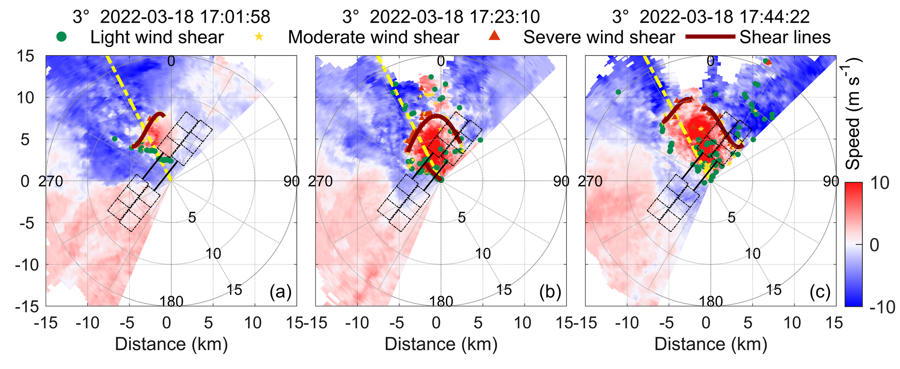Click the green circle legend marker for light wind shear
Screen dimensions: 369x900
pos(61,37)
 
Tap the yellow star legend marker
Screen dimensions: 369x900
pos(259,37)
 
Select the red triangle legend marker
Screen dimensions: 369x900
pos(494,36)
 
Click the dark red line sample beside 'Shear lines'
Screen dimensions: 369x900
pos(710,37)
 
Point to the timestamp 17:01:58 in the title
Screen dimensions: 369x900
pos(235,17)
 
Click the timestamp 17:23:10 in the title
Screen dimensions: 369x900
pos(504,17)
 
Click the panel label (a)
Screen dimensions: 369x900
pos(280,292)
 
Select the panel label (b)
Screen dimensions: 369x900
pos(549,292)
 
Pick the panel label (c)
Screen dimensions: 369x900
pos(819,292)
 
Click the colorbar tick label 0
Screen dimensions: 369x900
pos(874,245)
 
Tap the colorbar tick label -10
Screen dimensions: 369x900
pos(882,307)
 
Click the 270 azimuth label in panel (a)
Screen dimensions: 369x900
pos(51,181)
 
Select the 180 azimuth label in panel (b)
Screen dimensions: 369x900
pos(441,301)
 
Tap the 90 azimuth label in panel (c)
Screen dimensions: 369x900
pos(831,181)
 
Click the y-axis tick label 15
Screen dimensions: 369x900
pos(25,56)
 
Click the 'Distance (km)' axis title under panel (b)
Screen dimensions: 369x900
pos(441,344)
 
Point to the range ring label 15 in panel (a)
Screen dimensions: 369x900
pos(234,290)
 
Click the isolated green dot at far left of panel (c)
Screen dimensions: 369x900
pos(618,92)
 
